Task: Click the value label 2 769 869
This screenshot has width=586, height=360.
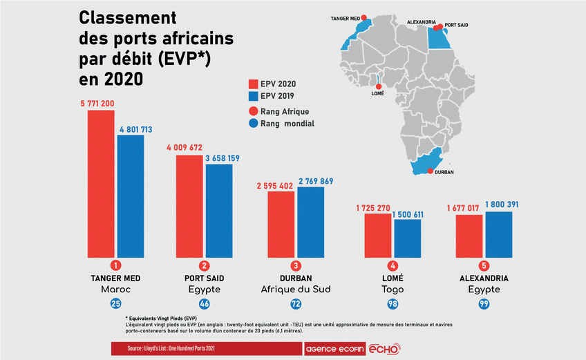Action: tap(316, 181)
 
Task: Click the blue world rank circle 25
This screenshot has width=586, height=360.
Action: tap(116, 303)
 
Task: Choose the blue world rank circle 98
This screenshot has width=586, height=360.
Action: tap(393, 303)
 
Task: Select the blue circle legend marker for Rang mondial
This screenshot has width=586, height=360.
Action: tap(254, 124)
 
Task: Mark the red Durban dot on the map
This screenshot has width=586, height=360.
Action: tap(431, 171)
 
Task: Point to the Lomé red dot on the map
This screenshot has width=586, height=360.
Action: tap(378, 86)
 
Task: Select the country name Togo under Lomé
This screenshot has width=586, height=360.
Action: tap(393, 289)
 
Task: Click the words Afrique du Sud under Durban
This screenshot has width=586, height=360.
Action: tap(296, 289)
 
